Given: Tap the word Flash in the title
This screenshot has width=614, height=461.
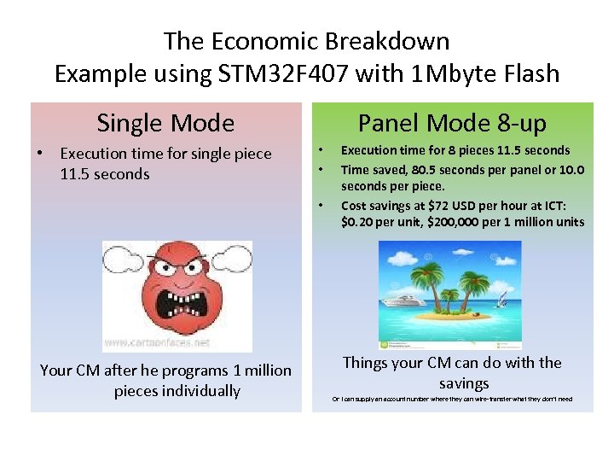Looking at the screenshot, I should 526,73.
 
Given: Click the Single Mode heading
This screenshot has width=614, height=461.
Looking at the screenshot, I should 165,123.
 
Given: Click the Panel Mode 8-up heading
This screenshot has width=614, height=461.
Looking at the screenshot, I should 452,123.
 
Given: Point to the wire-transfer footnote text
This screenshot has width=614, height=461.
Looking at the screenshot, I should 452,399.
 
